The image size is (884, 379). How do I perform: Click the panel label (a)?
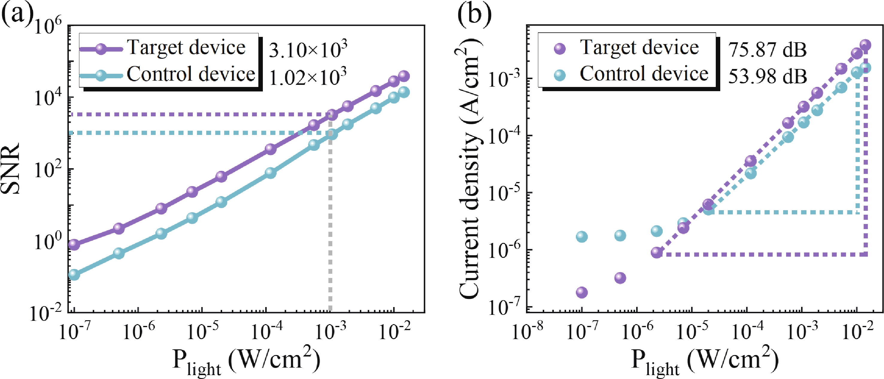(x=17, y=16)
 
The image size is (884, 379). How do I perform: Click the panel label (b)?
(x=474, y=16)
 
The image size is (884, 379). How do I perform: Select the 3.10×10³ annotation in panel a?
(x=308, y=50)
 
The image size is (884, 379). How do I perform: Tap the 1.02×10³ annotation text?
(x=307, y=77)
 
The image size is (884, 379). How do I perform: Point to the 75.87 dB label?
(x=767, y=50)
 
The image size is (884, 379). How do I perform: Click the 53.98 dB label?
(x=767, y=76)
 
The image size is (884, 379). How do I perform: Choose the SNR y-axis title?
(x=10, y=169)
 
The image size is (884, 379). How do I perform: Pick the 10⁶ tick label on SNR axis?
(x=48, y=26)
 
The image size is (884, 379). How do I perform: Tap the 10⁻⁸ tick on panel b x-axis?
(x=527, y=332)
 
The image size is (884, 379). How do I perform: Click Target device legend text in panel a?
(x=186, y=47)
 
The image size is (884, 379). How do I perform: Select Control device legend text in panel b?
(x=644, y=74)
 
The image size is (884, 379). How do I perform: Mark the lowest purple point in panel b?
(x=582, y=292)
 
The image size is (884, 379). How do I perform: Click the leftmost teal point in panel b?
(x=582, y=236)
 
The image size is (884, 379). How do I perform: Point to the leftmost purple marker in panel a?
(x=74, y=245)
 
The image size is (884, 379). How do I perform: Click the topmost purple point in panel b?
(x=865, y=45)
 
